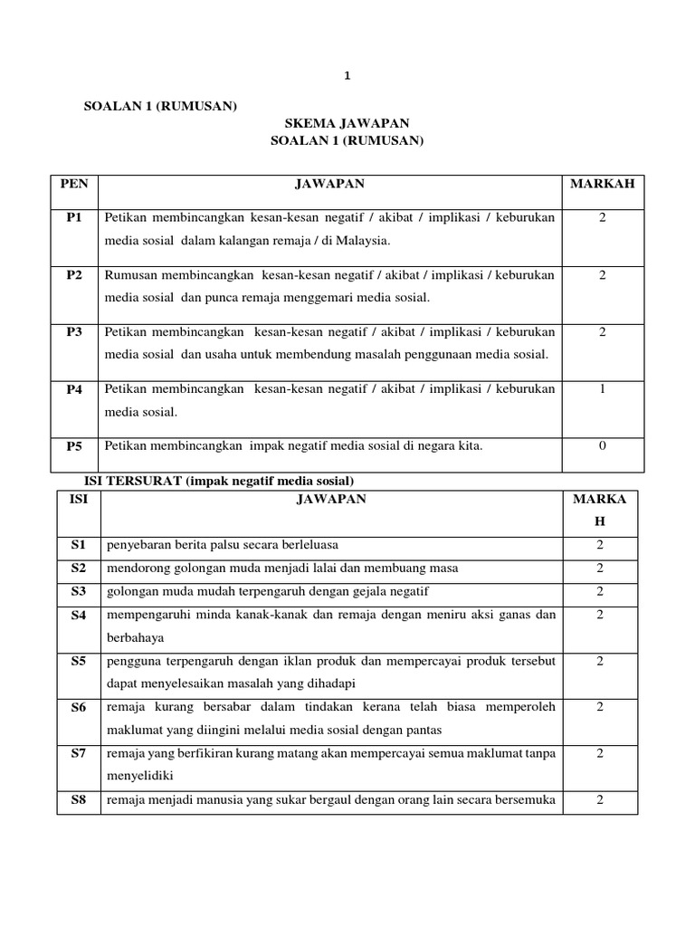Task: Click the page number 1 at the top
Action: pyautogui.click(x=347, y=77)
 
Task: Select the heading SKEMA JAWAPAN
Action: pyautogui.click(x=347, y=123)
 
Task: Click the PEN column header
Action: pyautogui.click(x=74, y=185)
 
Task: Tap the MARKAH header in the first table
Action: pyautogui.click(x=602, y=185)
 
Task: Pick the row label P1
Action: pyautogui.click(x=74, y=217)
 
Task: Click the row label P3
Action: pyautogui.click(x=74, y=332)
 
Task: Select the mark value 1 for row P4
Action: pyautogui.click(x=602, y=389)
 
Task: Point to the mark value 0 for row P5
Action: pyautogui.click(x=602, y=445)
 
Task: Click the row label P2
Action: pyautogui.click(x=74, y=274)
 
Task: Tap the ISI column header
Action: pyautogui.click(x=78, y=499)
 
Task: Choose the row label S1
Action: pyautogui.click(x=78, y=545)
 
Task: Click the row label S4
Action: pyautogui.click(x=78, y=616)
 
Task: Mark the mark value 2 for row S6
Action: pyautogui.click(x=599, y=706)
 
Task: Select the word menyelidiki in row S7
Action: pyautogui.click(x=139, y=776)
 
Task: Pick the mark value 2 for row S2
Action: pyautogui.click(x=599, y=569)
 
